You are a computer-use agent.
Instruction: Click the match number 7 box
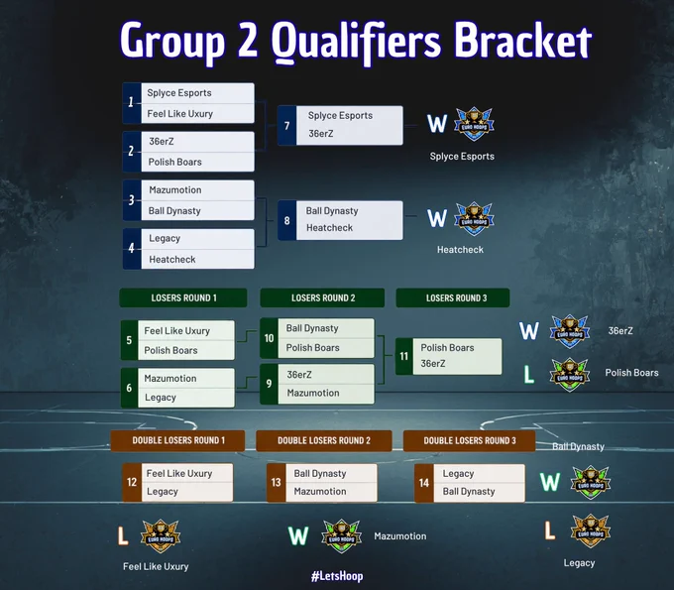pos(286,126)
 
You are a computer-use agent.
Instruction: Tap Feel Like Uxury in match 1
pos(180,114)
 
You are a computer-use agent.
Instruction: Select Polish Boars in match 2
pos(175,162)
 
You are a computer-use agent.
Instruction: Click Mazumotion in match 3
pos(175,190)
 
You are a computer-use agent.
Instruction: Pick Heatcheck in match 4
pos(171,260)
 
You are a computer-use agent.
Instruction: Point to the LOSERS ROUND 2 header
pos(322,297)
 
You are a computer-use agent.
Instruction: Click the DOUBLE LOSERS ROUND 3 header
pos(470,441)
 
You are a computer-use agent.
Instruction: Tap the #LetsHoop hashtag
pos(337,576)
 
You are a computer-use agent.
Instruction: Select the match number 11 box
pos(404,357)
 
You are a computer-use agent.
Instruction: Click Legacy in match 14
pos(458,474)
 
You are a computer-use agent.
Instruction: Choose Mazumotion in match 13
pos(320,491)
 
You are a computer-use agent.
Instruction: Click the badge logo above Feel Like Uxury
pos(161,535)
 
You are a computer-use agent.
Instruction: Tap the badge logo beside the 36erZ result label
pos(570,331)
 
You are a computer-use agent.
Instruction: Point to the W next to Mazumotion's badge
pos(298,536)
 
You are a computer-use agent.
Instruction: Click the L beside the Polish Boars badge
pos(528,374)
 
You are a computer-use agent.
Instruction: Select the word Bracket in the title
pos(523,41)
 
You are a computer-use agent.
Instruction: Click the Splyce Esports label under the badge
pos(462,156)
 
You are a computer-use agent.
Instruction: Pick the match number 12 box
pos(132,483)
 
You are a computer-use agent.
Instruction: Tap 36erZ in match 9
pos(299,375)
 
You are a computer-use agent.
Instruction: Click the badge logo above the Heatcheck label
pos(474,218)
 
